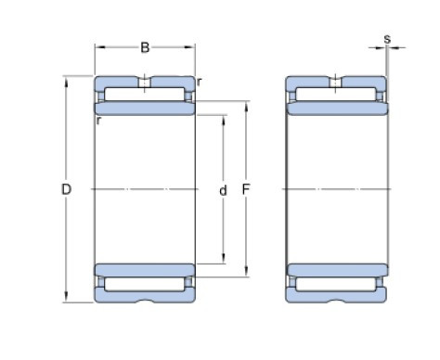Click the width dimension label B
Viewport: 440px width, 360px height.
(145, 46)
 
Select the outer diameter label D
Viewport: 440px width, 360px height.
(66, 190)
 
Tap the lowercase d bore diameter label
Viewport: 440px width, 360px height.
(223, 191)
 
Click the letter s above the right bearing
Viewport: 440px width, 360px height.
(386, 40)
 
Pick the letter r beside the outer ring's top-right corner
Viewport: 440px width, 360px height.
(200, 82)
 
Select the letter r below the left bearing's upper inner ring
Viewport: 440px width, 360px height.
(98, 120)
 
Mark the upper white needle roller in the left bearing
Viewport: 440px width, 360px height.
(145, 95)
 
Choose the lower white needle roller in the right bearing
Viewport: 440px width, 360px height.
(334, 282)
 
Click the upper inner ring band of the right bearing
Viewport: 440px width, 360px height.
(334, 109)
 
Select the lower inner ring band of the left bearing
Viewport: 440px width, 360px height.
(145, 269)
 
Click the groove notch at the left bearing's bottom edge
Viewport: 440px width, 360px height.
(145, 301)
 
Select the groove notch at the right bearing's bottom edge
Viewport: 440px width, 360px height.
(334, 301)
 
